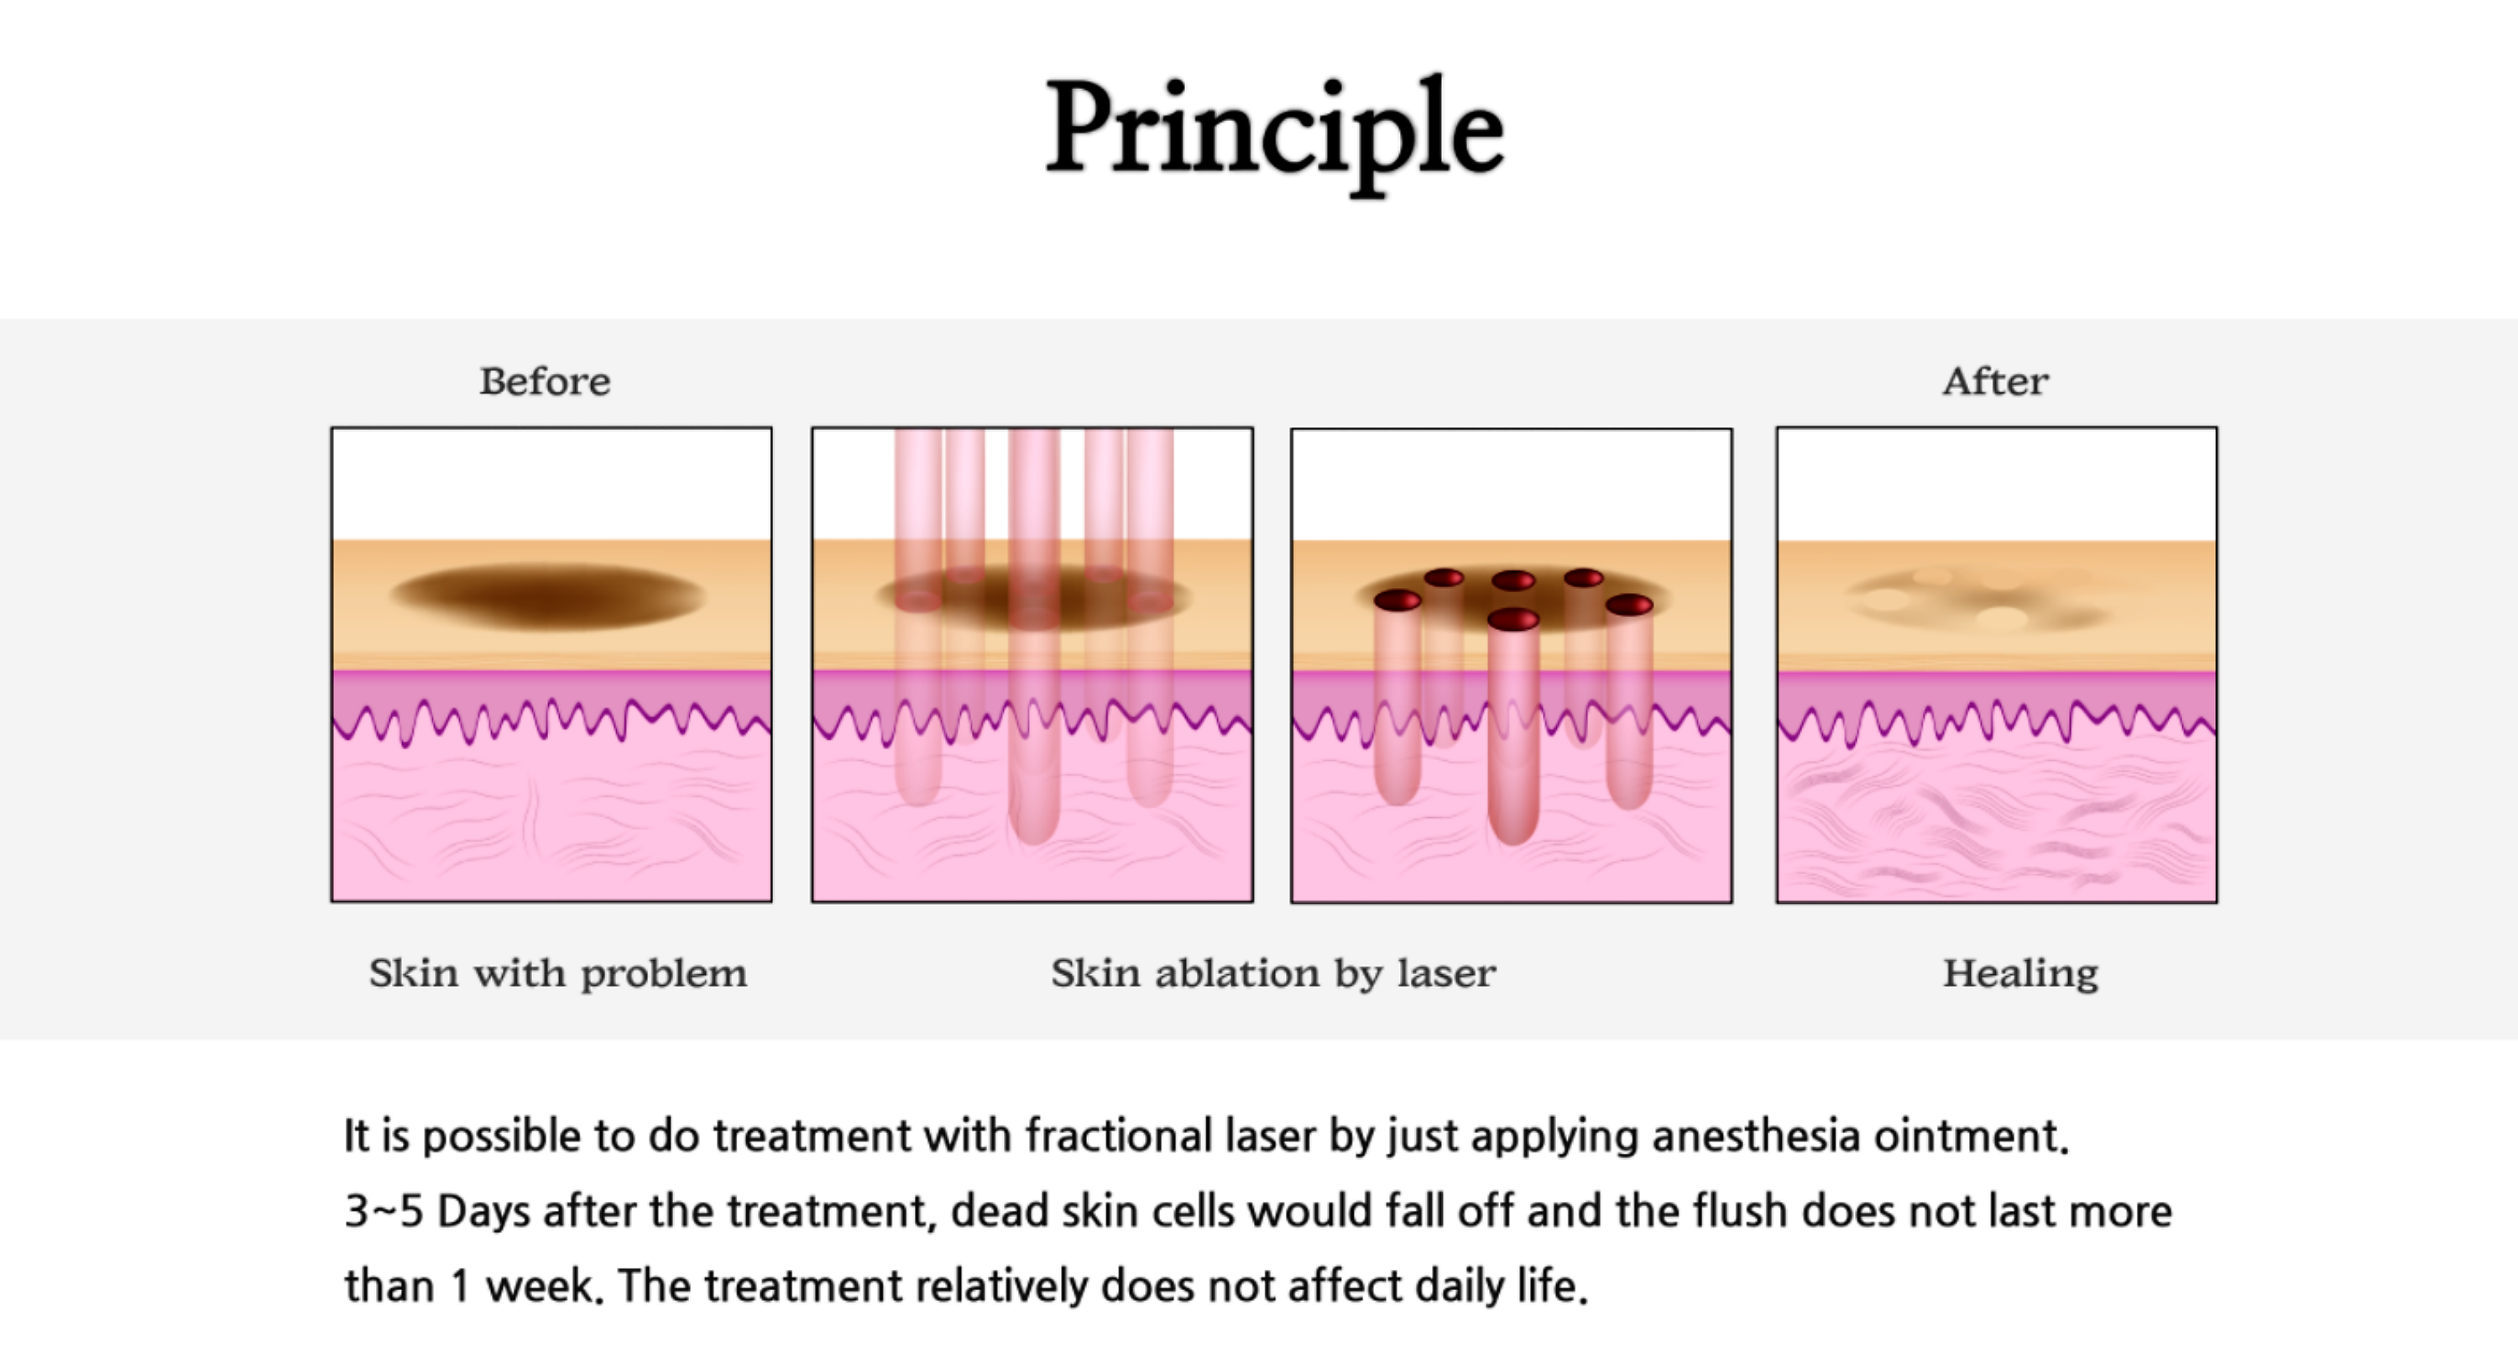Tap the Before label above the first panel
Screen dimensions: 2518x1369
pyautogui.click(x=545, y=381)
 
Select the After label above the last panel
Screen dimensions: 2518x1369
pyautogui.click(x=1995, y=381)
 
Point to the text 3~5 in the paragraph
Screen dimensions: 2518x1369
pyautogui.click(x=384, y=1212)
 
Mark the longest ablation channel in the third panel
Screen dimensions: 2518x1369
pyautogui.click(x=1513, y=728)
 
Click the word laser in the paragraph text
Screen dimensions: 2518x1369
pyautogui.click(x=1270, y=1136)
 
